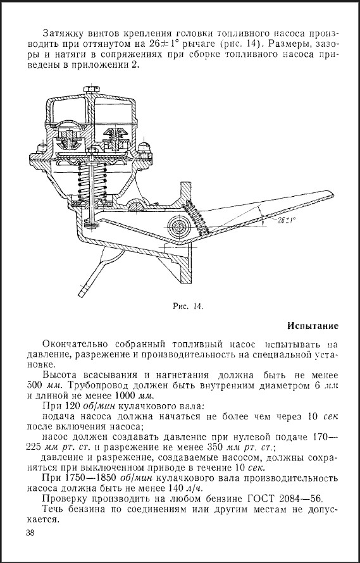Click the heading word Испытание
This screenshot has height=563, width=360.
tap(313, 326)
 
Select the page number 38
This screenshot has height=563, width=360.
tap(30, 533)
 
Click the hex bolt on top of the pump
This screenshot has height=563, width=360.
tap(92, 89)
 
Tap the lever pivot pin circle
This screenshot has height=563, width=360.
tap(178, 227)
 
